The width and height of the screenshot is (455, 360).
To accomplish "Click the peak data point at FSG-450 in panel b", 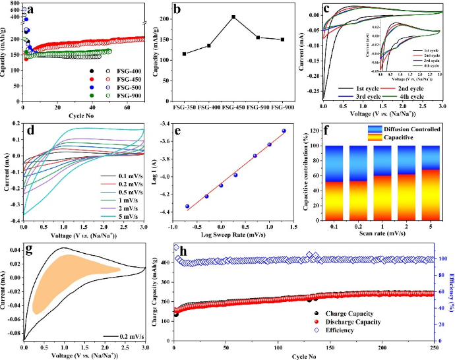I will click(x=233, y=17).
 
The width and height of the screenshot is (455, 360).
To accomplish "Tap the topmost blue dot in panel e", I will click(x=284, y=131).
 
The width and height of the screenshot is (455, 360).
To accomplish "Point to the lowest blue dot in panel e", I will click(x=188, y=206).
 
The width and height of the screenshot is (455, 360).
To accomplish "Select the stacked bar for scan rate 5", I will click(x=430, y=185).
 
